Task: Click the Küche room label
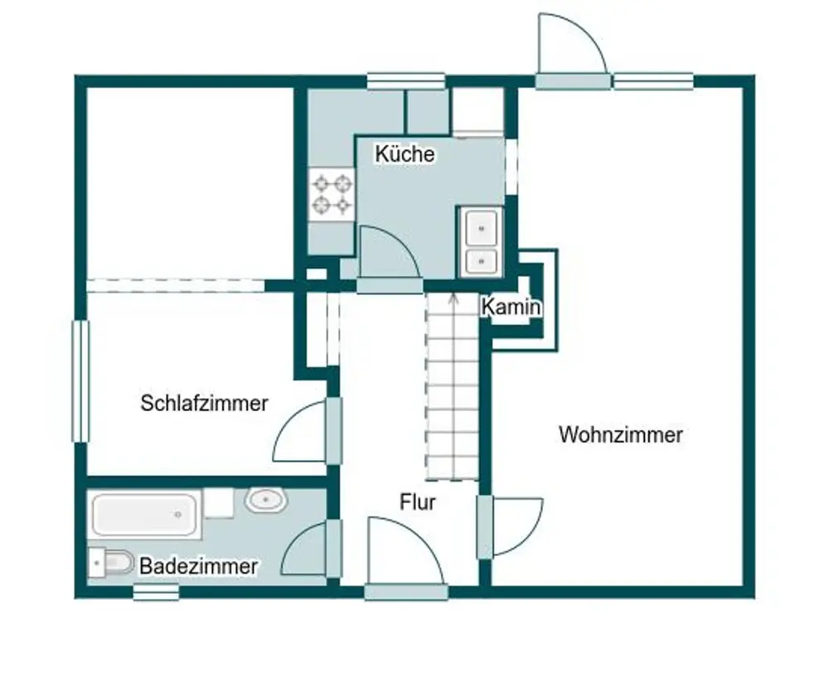pyautogui.click(x=405, y=154)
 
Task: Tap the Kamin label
pyautogui.click(x=511, y=307)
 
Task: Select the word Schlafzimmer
pyautogui.click(x=204, y=404)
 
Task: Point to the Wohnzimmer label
pyautogui.click(x=620, y=434)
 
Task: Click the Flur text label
pyautogui.click(x=418, y=501)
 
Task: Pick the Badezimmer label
pyautogui.click(x=198, y=567)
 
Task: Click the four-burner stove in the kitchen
pyautogui.click(x=332, y=194)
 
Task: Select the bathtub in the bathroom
pyautogui.click(x=146, y=515)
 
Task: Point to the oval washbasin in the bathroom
pyautogui.click(x=265, y=500)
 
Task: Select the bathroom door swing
pyautogui.click(x=307, y=550)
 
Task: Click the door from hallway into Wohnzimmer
pyautogui.click(x=514, y=525)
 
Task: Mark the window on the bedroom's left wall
pyautogui.click(x=80, y=381)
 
